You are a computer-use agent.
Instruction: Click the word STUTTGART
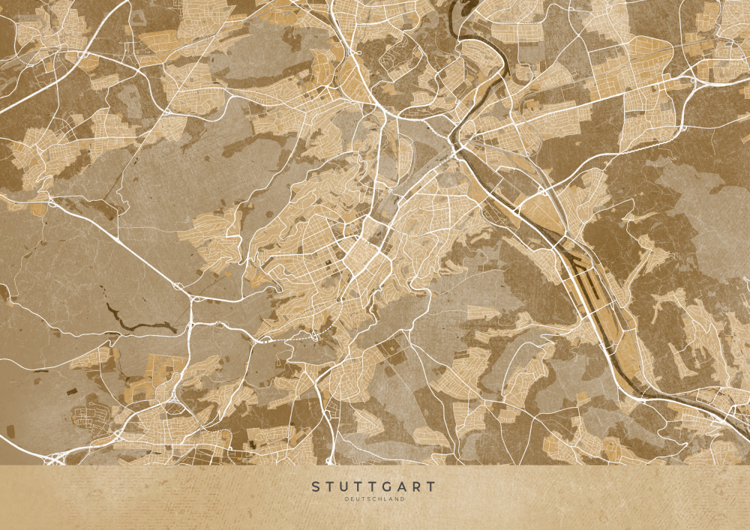click(373, 487)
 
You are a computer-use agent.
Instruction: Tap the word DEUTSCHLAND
click(374, 499)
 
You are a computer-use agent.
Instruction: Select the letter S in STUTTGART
click(316, 487)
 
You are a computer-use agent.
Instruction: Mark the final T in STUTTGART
click(430, 487)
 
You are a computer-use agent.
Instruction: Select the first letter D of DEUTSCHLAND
click(347, 499)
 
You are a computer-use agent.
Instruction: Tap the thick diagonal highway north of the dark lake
click(127, 247)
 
